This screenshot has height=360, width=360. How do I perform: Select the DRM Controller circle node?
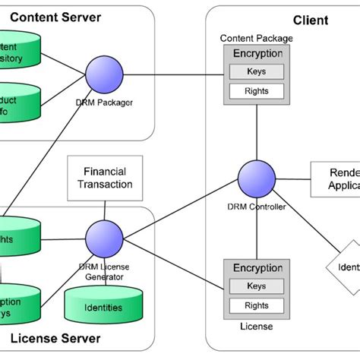point(257,180)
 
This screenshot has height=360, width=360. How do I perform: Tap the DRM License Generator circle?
point(105,236)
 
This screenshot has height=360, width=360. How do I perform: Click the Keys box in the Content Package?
point(257,72)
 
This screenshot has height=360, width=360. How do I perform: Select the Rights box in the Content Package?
point(257,91)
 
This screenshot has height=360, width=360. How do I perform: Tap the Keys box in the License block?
point(257,287)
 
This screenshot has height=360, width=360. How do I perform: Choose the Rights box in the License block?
point(257,306)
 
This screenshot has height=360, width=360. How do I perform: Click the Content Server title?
point(55,17)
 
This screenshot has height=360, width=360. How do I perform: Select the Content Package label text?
point(255,38)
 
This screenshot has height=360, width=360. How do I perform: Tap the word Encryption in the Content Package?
point(257,54)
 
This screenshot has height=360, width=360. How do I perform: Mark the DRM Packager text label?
point(105,102)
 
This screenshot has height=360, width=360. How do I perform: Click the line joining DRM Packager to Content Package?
point(175,74)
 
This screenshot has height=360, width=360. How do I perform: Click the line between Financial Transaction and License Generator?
point(106,207)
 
